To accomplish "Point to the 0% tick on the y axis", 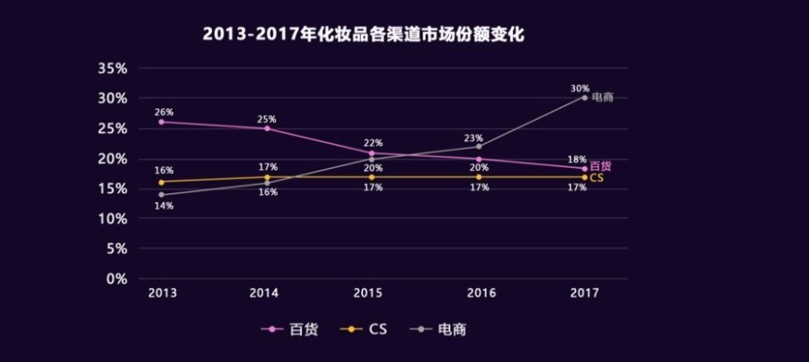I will tap(117, 279).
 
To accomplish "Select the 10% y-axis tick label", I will tap(113, 218).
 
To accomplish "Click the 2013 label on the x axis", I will tap(162, 293).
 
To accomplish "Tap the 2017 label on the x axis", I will tap(585, 293).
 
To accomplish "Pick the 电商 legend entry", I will tap(442, 329).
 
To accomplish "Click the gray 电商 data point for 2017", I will tap(585, 97).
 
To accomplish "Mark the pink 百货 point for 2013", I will tap(162, 122).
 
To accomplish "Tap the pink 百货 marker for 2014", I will tap(267, 128).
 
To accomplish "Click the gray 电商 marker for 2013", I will tap(162, 194).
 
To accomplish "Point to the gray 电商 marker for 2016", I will tap(479, 146).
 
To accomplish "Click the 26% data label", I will tap(163, 112).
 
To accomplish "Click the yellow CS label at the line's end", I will tap(596, 177).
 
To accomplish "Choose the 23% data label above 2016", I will tap(473, 138).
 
